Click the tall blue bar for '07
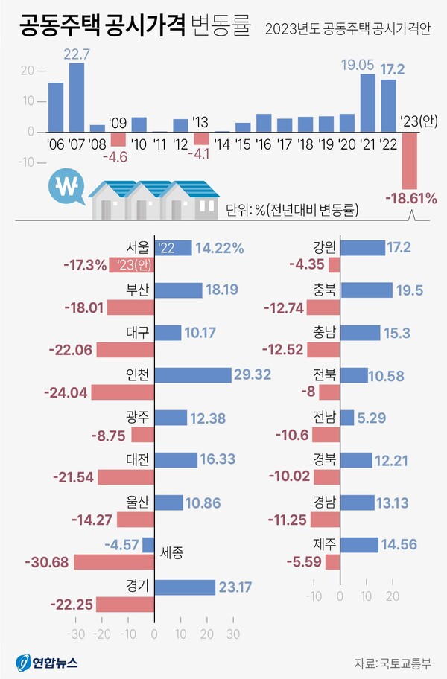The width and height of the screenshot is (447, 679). coord(77,97)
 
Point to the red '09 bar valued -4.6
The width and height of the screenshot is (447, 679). coord(118,138)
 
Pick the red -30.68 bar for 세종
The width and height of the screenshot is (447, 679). coord(114,561)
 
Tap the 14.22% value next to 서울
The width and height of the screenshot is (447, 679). coord(219,249)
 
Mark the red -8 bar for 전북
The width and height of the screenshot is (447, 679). coord(335,392)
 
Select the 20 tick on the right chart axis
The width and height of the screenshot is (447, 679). coord(393,596)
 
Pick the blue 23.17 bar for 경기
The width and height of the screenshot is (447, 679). coord(185,587)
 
